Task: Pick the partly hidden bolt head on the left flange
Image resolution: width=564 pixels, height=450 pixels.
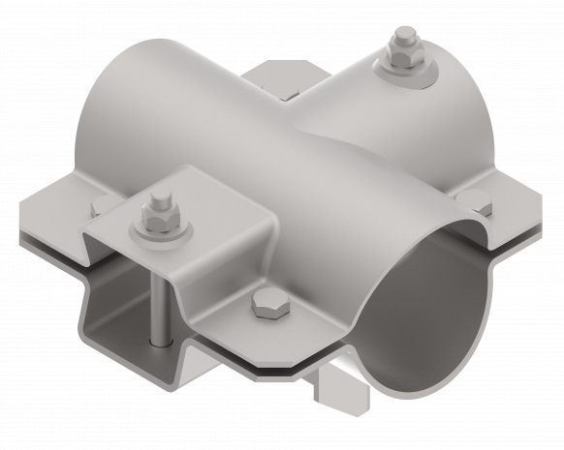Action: [x=101, y=205]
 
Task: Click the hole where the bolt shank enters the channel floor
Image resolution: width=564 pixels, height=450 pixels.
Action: [x=159, y=341]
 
